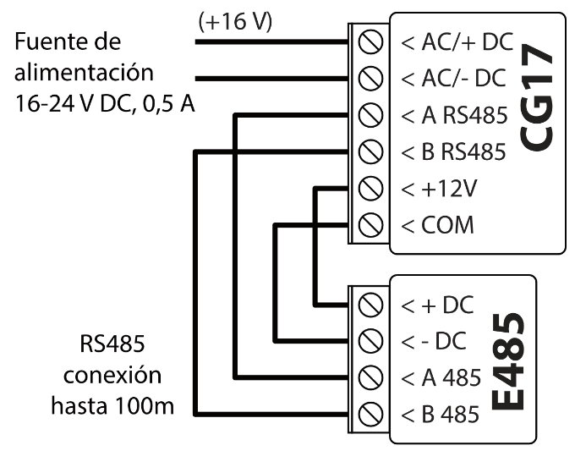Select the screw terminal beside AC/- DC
[x=369, y=79]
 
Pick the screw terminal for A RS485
[x=369, y=115]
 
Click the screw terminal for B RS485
[x=369, y=152]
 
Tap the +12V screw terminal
[x=369, y=189]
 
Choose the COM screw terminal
[x=369, y=225]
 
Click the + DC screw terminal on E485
[x=369, y=304]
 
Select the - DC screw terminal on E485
[x=369, y=341]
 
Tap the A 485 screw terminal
[x=369, y=377]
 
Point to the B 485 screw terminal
[x=369, y=415]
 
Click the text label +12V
[x=449, y=189]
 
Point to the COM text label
[x=448, y=226]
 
